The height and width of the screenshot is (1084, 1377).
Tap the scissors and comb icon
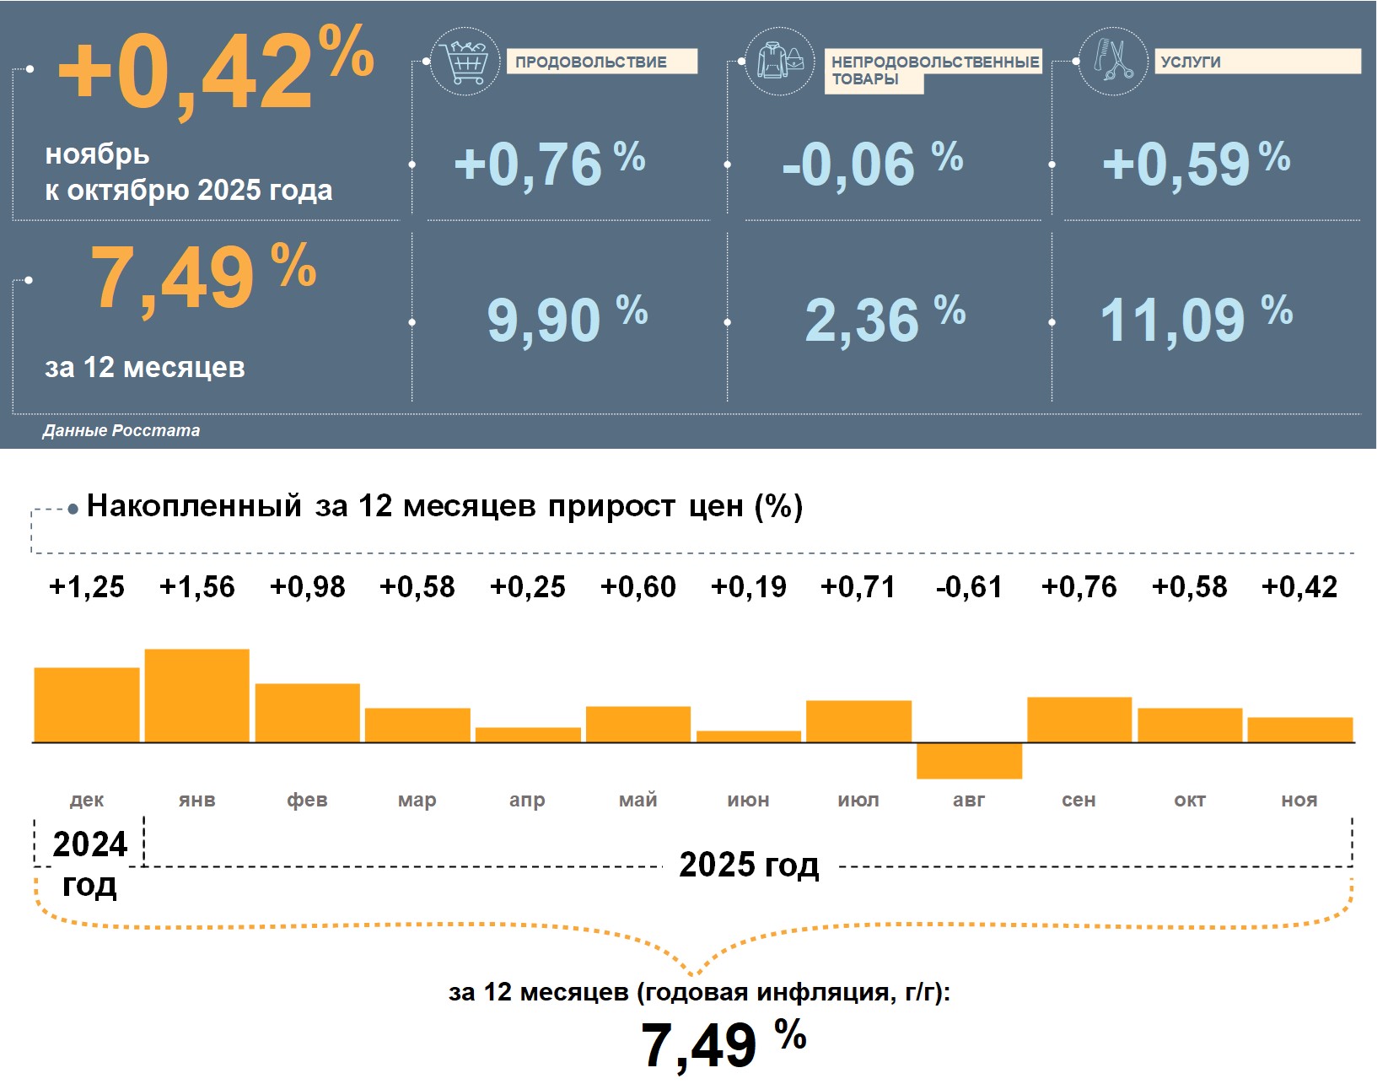pos(1113,61)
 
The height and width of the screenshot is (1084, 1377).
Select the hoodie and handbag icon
pos(780,62)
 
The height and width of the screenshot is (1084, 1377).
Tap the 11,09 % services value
pos(1195,320)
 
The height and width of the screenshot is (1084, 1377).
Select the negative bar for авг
pos(969,761)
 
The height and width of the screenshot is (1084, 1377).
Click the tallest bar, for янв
pos(197,695)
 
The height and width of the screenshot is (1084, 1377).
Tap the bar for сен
pos(1079,720)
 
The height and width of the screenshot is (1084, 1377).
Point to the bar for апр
pos(528,735)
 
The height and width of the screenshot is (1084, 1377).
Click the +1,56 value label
pos(197,587)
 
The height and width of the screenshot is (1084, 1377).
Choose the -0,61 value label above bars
pos(969,587)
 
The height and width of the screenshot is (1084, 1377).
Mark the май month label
pos(638,800)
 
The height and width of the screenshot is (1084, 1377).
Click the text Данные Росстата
pos(121,431)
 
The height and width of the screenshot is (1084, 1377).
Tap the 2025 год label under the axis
pos(749,865)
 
